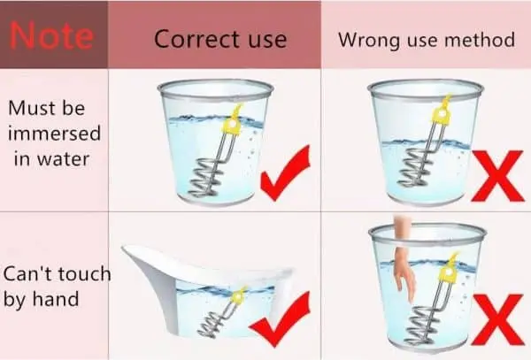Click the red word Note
[51, 34]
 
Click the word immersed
[54, 133]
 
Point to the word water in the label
[63, 159]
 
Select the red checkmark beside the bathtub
[280, 319]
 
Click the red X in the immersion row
[496, 176]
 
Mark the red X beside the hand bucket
[497, 319]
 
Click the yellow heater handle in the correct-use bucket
[232, 122]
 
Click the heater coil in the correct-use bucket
[205, 180]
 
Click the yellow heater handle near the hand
[449, 271]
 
